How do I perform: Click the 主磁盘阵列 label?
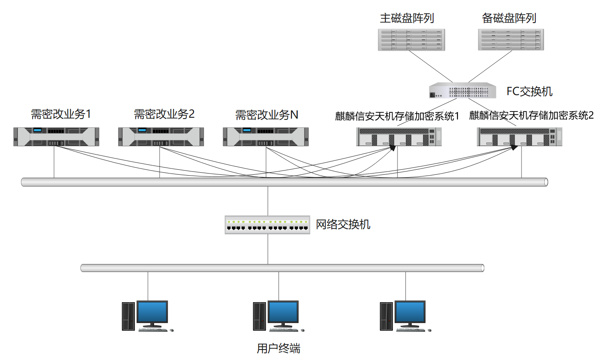(x=407, y=18)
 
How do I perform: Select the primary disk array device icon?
(x=411, y=40)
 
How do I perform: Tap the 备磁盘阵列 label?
(x=509, y=18)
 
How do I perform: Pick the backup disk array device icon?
(x=511, y=40)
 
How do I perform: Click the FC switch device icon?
(x=462, y=91)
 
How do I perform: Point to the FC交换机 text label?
(x=529, y=91)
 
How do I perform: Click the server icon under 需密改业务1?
(x=56, y=137)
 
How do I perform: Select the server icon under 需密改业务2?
(x=161, y=137)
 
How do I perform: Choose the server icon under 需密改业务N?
(x=266, y=137)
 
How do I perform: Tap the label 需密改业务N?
(x=267, y=114)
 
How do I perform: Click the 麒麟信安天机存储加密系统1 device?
(x=399, y=137)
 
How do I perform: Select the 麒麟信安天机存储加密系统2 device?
(x=519, y=137)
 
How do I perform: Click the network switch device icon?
(x=267, y=225)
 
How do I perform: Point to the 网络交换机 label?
(x=343, y=225)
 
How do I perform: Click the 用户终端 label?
(x=279, y=348)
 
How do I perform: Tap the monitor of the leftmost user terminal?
(x=152, y=312)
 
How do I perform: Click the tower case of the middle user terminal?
(x=259, y=316)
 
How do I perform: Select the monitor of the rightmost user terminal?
(x=410, y=312)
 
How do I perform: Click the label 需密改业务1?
(x=61, y=114)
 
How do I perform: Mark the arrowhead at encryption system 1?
(x=392, y=148)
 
